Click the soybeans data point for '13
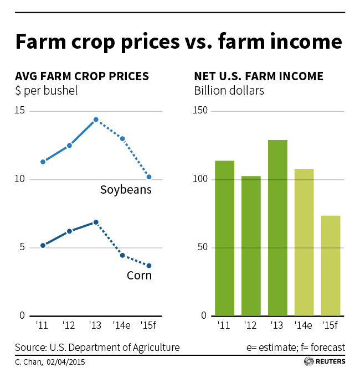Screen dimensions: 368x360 [96, 120]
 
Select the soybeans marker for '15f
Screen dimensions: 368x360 [149, 177]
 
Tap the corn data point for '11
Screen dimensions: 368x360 [43, 245]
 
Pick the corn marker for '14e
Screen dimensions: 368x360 [122, 255]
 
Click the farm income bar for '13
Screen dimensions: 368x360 [277, 228]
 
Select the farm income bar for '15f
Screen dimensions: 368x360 [331, 266]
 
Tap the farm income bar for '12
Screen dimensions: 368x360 [251, 246]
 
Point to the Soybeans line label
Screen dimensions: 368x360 [126, 190]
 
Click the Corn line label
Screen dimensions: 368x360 [138, 275]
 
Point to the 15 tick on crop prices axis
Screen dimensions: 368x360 [23, 111]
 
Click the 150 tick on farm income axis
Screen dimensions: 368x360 [200, 111]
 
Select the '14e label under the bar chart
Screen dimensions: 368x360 [304, 325]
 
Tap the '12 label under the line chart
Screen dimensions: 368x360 [69, 325]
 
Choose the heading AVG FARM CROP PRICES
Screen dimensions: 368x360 [82, 76]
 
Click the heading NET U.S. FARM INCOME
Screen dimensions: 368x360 [259, 76]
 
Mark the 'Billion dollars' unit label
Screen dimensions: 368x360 [229, 90]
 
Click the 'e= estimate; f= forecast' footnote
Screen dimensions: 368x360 [296, 348]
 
